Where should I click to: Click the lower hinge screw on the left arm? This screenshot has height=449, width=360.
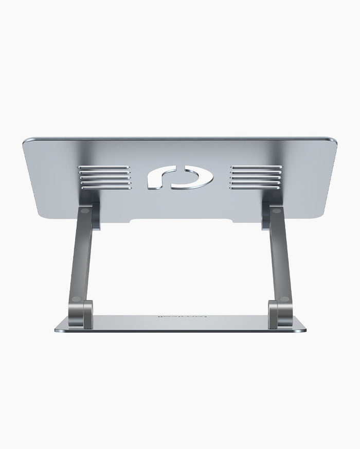coord(77,299)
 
